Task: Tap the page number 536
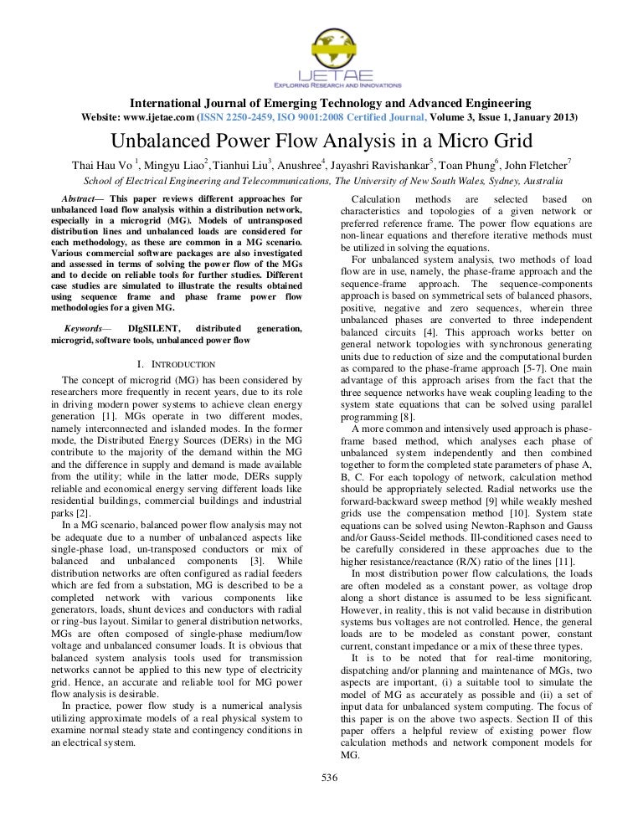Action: pos(328,778)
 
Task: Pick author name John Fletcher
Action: pos(537,164)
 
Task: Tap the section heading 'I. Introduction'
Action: pos(177,364)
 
